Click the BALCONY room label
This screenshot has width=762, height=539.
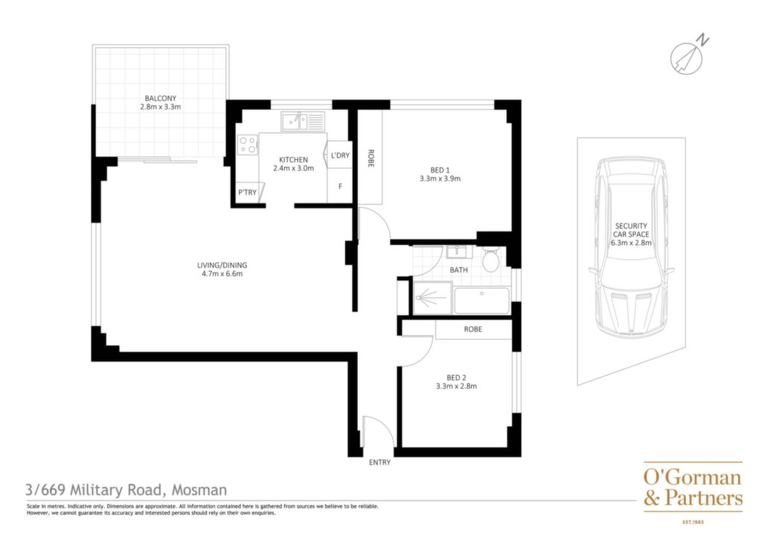coord(161,98)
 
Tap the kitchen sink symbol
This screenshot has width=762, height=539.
coord(302,121)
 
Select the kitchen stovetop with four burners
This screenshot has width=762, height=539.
coord(247,144)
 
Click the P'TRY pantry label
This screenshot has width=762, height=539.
coord(247,193)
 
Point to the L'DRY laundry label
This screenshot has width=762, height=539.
coord(340,156)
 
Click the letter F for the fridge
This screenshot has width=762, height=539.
coord(340,186)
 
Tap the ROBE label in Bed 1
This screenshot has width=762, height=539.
coord(371,159)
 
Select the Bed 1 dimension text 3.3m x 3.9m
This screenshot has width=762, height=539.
coord(441,179)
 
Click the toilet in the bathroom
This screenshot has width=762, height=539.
coord(490,258)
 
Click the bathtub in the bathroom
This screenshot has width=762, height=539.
coord(481,300)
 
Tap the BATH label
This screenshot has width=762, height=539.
coord(458,269)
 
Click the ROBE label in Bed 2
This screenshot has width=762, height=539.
coord(473,329)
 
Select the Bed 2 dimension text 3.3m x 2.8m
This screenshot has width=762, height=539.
coord(456,386)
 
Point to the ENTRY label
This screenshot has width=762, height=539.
coord(380,462)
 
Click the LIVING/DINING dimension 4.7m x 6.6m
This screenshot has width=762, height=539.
coord(222,274)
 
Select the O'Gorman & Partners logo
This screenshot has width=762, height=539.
coord(694,489)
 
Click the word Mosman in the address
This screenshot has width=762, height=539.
coord(199,489)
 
